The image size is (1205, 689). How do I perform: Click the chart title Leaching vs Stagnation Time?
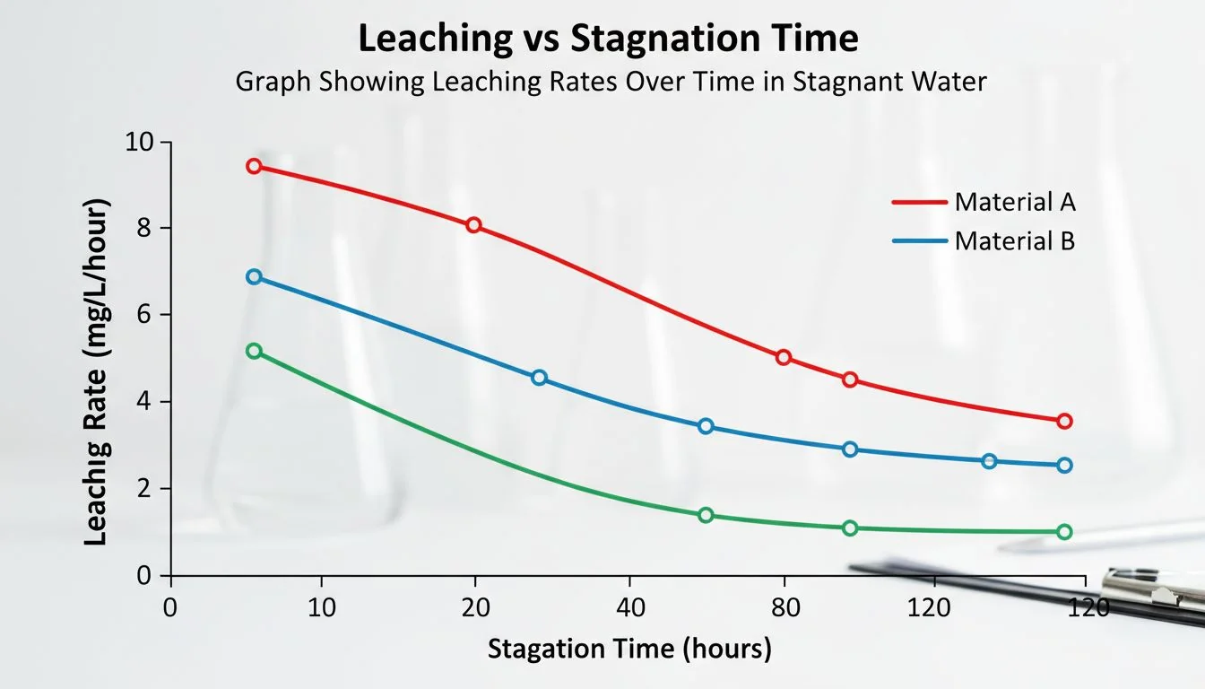click(608, 39)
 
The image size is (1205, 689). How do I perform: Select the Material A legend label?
click(1014, 202)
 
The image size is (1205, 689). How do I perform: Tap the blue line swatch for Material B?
click(919, 241)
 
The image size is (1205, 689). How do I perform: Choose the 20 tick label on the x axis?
click(475, 607)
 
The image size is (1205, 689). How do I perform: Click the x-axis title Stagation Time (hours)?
click(629, 649)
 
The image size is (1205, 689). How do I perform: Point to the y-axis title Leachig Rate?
click(96, 372)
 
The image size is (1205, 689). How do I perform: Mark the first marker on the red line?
click(254, 166)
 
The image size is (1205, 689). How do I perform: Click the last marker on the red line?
click(1064, 421)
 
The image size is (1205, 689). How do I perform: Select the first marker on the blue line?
click(254, 277)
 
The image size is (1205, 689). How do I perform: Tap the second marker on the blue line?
click(539, 378)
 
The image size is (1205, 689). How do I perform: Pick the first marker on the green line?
click(254, 351)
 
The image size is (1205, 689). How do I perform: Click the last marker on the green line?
click(1064, 532)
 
